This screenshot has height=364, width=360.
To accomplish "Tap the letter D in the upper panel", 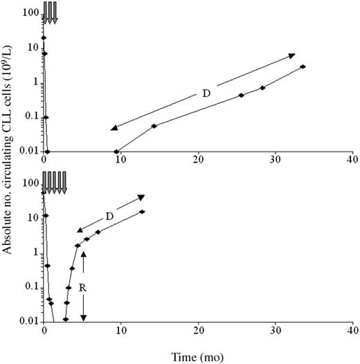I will pos(206,93).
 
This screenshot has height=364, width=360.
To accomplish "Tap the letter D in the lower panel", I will pos(109,216).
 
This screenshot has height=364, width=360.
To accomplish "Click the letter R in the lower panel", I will pos(83,283).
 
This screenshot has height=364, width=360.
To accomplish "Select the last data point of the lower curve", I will pos(143,212).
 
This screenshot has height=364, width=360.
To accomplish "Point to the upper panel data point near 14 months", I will pos(154,126).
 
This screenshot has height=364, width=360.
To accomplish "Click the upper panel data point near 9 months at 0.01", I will pos(116,152).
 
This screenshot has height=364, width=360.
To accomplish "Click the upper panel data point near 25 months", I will pos(241,95).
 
